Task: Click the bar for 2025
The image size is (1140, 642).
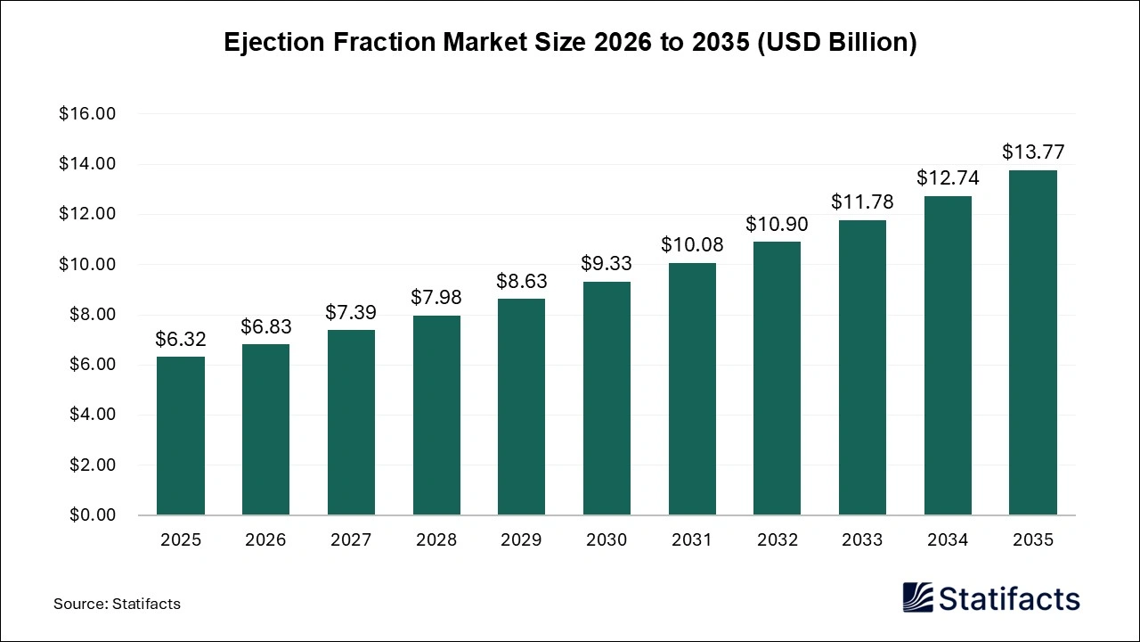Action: [x=181, y=436]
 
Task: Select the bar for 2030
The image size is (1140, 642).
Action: [x=607, y=399]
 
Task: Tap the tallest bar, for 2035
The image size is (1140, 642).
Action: [x=1032, y=342]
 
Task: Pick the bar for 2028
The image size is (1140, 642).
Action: [x=436, y=416]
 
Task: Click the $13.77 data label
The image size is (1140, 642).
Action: [x=1032, y=152]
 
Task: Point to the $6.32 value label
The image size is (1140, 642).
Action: [x=181, y=339]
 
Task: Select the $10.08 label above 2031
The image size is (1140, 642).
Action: [x=692, y=244]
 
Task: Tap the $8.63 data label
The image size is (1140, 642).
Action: [x=522, y=281]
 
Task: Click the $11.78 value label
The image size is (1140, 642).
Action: [x=862, y=202]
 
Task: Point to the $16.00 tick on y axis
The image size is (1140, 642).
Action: [x=87, y=114]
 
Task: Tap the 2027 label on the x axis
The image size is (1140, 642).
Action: [x=351, y=540]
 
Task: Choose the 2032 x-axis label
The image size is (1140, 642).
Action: [x=777, y=540]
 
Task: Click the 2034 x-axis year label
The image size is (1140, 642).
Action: [x=947, y=540]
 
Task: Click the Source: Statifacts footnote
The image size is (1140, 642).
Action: [x=117, y=604]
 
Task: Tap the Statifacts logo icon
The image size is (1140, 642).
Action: [x=918, y=597]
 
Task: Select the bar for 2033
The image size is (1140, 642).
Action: [x=862, y=367]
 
